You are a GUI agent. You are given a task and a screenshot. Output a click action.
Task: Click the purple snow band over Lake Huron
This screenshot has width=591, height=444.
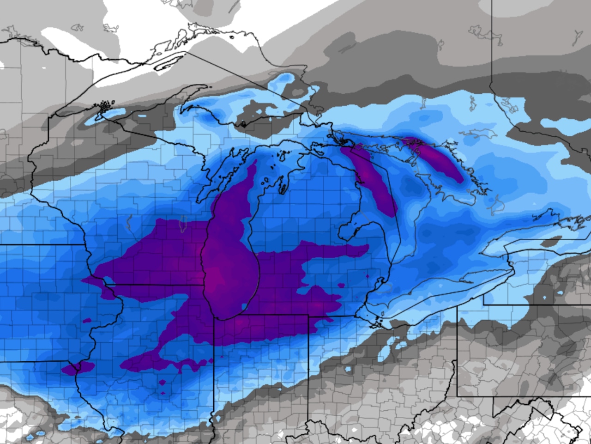[x=372, y=176]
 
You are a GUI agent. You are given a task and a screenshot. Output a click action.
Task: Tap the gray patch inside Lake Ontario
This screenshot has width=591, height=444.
[x=552, y=242]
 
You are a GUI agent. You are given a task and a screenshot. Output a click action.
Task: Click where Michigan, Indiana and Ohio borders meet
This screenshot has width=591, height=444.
[x=308, y=315]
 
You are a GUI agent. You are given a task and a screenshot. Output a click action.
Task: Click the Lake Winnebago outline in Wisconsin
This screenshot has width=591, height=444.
[x=181, y=226]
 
